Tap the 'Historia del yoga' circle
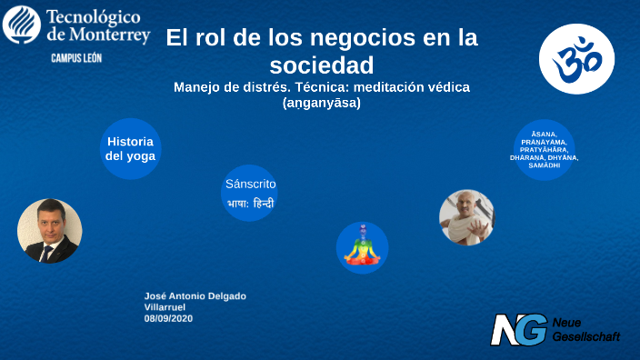point(130,148)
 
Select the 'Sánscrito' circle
point(250,194)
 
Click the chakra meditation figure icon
point(362,246)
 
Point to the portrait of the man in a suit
point(50,231)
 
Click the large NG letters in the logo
point(519,329)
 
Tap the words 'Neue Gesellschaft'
point(585,330)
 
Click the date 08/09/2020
point(168,318)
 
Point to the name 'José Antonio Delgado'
point(195,296)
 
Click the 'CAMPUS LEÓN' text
point(75,56)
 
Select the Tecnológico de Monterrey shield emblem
point(21,25)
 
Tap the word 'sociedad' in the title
point(322,65)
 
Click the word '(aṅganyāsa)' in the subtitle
point(322,103)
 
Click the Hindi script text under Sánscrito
point(250,204)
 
